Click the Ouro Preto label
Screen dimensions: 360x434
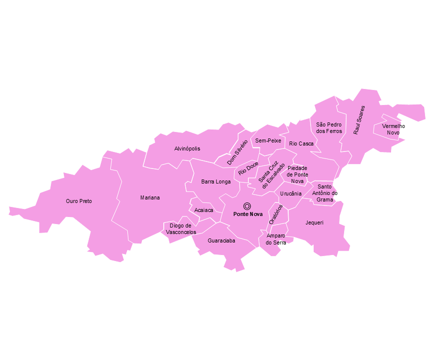79,201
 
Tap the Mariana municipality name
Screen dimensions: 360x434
150,197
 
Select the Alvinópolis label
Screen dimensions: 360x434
187,148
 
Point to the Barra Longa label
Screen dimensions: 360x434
216,181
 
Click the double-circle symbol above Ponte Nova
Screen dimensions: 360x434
247,205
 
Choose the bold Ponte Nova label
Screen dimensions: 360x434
248,214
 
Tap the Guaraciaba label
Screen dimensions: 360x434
221,240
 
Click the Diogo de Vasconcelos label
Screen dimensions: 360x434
180,229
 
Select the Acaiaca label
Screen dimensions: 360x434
204,210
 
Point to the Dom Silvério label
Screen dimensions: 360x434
237,152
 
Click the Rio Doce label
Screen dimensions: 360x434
248,168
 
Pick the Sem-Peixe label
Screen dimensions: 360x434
268,141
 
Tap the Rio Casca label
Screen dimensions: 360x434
302,143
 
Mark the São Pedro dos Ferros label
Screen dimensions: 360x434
329,127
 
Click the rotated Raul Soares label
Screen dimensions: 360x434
359,120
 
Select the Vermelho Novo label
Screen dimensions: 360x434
394,129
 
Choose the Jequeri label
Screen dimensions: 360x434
315,222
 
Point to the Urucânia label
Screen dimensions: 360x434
291,193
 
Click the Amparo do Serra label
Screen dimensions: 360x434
276,239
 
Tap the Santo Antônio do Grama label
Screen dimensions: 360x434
325,193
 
